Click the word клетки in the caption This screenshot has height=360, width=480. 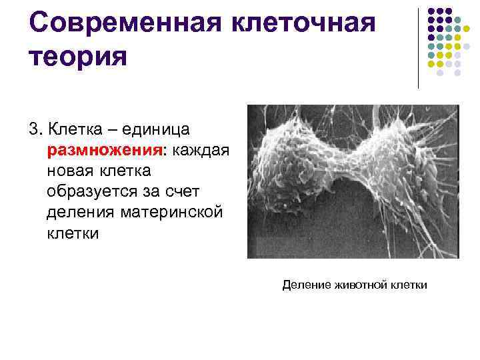tap(409, 285)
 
